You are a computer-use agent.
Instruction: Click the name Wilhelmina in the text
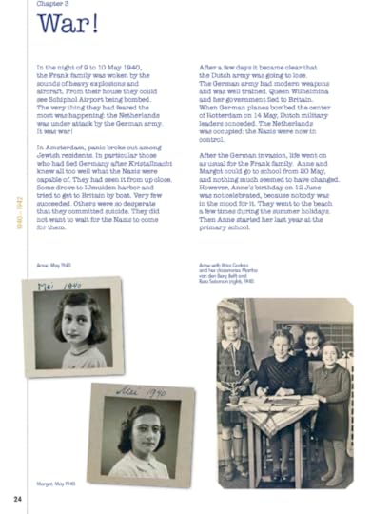pyautogui.click(x=323, y=103)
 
